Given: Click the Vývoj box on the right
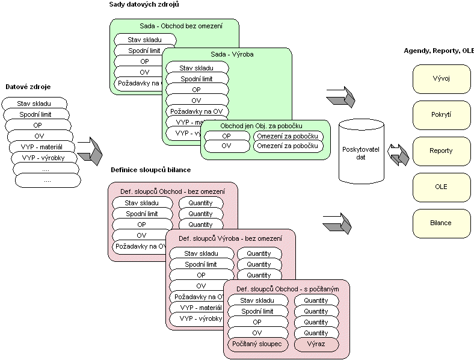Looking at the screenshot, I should [x=441, y=78].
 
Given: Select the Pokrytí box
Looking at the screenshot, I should [x=441, y=114].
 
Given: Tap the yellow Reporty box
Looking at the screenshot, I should [x=441, y=151].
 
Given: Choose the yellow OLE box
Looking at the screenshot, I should [x=441, y=187].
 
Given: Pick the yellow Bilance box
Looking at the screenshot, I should [x=441, y=223].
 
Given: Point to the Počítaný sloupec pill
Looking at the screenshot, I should [x=258, y=344].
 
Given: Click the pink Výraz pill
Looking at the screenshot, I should [x=316, y=344].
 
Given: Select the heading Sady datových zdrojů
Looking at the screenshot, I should [x=144, y=5].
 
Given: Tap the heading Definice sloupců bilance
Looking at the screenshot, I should [x=150, y=170].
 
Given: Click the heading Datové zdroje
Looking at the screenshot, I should [x=26, y=87].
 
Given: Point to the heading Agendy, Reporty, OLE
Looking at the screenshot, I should [x=439, y=51].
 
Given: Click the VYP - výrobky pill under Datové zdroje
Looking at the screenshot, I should [x=43, y=158].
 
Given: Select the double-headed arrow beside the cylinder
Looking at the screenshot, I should [x=398, y=153].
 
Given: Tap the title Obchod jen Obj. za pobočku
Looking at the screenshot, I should [x=265, y=126].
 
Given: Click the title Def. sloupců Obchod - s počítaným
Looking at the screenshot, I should [x=286, y=290].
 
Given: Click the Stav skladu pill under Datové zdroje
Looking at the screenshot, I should [x=34, y=104].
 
